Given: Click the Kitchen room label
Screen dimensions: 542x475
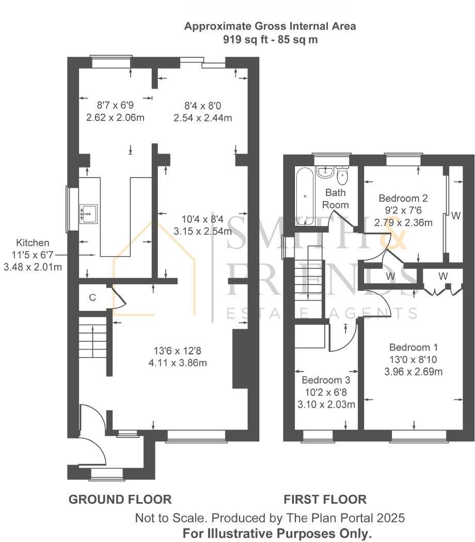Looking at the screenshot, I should coord(33,243).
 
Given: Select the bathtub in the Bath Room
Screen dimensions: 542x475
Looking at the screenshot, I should coord(305,196).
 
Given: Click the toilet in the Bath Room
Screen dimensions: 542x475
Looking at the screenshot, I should coord(342,176).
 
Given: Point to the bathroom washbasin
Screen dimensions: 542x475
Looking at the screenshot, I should coord(324,172).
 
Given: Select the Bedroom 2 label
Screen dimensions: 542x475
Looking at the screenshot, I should coord(403,198).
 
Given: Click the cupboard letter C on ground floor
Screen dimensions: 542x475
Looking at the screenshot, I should coord(92,297).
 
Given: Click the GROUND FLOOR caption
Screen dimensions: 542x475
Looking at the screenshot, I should coord(120,500).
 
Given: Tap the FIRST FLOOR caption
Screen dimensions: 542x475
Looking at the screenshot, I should coord(325,500).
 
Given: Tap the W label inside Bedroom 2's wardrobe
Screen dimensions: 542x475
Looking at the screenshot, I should coord(456,216).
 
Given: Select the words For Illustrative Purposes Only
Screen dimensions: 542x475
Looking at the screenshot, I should coord(277,534).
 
